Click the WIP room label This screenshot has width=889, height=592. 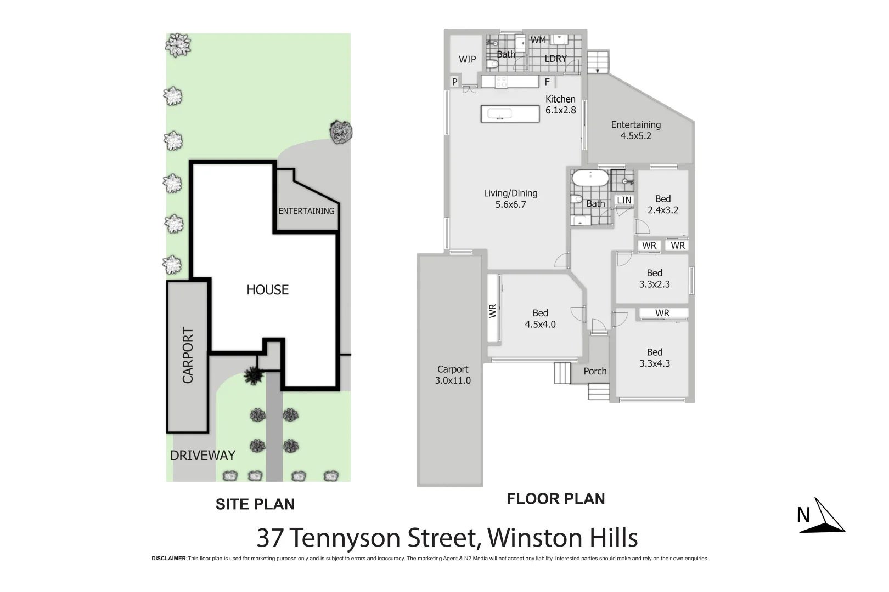(467, 59)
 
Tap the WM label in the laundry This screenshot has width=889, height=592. (538, 40)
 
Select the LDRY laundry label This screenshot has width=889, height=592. (555, 59)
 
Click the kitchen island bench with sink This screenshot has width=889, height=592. (510, 114)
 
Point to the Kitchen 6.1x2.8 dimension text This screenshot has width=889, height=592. (560, 105)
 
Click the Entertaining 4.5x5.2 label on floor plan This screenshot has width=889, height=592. (635, 130)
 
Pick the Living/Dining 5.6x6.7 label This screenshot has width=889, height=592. (510, 199)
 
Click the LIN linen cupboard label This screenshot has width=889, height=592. (624, 201)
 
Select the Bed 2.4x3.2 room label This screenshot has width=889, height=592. (662, 204)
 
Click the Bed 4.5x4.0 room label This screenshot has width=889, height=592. (540, 318)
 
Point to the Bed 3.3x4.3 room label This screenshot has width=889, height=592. (654, 358)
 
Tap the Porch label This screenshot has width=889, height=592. (595, 371)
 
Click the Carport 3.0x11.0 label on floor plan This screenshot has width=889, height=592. (453, 375)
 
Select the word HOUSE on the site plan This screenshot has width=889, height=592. (267, 290)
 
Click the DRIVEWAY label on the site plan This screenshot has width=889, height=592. (202, 456)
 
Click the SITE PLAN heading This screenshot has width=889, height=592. (255, 504)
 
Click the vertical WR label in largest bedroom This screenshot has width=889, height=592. (493, 311)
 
